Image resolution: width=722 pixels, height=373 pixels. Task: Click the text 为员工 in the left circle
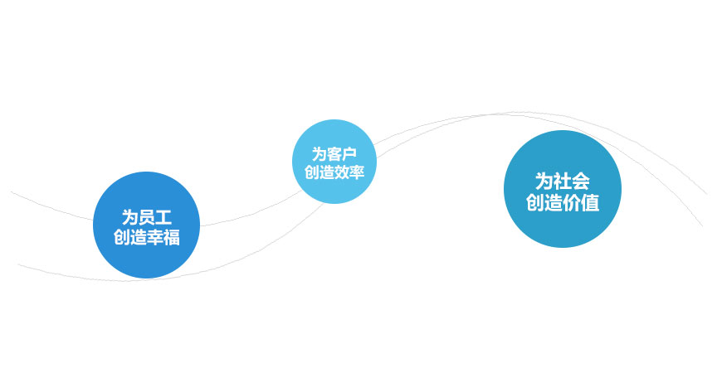(x=146, y=217)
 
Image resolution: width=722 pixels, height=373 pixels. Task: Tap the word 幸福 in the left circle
(x=163, y=237)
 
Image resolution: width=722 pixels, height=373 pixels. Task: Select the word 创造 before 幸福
(x=130, y=237)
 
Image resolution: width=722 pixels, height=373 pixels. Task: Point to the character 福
(x=171, y=237)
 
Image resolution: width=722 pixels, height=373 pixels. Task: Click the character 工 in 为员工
(x=163, y=217)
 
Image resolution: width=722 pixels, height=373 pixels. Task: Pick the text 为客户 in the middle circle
(x=334, y=153)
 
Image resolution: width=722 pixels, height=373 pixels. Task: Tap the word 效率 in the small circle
(x=349, y=172)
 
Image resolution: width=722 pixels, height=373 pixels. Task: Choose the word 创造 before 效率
(x=320, y=172)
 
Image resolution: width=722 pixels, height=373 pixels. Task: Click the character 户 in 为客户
(x=349, y=153)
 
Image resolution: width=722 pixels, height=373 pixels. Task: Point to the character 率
(x=358, y=172)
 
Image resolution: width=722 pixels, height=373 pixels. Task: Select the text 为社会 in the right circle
(x=563, y=181)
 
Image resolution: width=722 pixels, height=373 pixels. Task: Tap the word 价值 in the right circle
(x=581, y=202)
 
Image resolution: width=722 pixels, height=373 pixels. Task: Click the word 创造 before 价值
(x=544, y=202)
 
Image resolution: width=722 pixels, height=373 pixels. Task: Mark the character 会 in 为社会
(x=581, y=181)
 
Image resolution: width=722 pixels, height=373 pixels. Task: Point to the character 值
(x=590, y=202)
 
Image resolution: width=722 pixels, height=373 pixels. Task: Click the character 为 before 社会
(x=544, y=181)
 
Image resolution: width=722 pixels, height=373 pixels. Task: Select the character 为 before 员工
(x=129, y=217)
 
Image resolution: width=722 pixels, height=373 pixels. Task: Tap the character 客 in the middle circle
(x=334, y=153)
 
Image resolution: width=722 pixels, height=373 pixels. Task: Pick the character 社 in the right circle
(x=563, y=181)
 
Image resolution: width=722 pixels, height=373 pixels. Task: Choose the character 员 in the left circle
(x=146, y=217)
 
